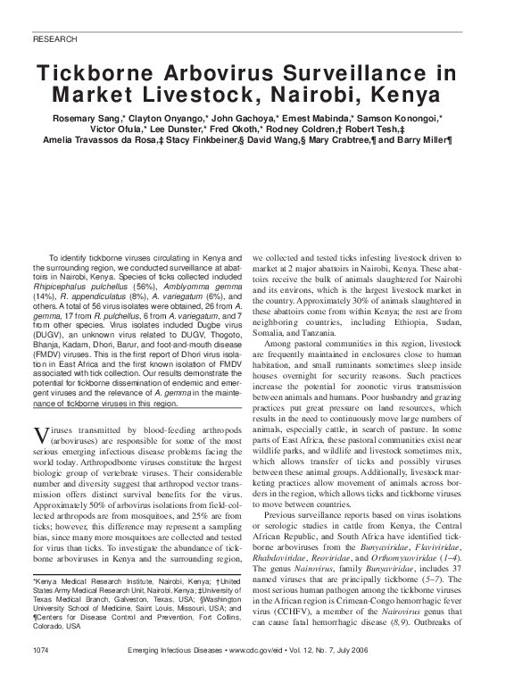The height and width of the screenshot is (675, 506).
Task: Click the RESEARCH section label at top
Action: point(54,40)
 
